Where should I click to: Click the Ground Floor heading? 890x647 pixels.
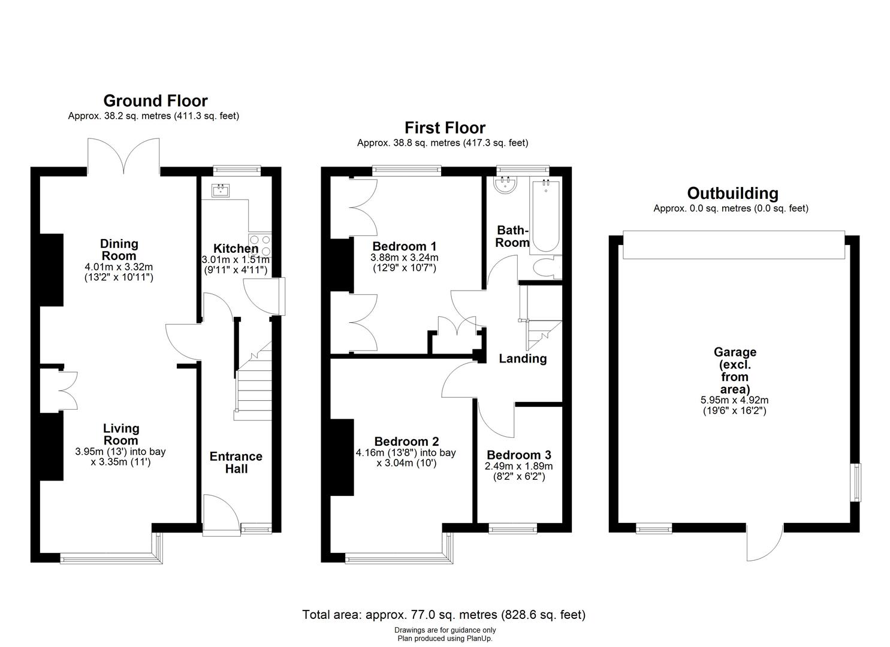pos(155,101)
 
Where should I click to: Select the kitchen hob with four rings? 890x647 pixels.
pos(260,245)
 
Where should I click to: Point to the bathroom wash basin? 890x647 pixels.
pos(505,186)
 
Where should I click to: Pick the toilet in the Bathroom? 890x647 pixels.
pos(548,267)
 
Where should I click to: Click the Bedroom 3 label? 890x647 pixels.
pos(519,455)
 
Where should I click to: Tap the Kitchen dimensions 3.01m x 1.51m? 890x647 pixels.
pos(236,260)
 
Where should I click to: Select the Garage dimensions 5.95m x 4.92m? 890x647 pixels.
pos(734,400)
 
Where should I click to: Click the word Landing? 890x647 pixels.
pos(523,359)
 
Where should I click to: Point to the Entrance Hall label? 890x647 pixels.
pos(236,462)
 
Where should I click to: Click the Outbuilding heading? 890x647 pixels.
pos(732,194)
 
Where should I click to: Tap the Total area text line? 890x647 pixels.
pos(444,615)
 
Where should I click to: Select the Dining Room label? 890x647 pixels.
pos(119,249)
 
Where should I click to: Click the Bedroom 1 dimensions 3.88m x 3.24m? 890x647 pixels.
pos(405,258)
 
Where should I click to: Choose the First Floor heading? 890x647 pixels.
pos(445,128)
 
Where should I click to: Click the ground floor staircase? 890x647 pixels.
pos(254,380)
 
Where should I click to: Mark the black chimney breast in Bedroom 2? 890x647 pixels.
pos(342,458)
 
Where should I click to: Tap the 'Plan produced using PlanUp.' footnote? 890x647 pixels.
pos(445,639)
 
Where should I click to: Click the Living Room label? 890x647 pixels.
pos(121,434)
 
